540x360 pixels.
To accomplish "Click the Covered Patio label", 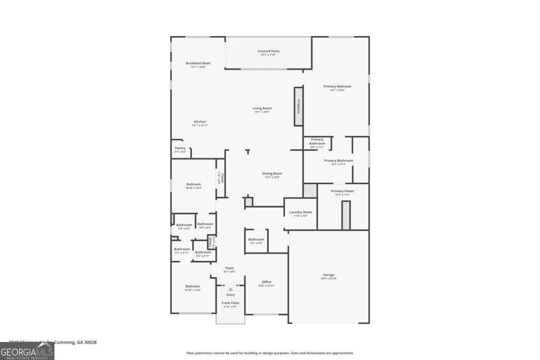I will coord(268,51).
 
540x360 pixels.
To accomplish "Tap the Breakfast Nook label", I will coord(198,63).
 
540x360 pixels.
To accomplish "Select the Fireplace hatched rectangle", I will coord(298,106).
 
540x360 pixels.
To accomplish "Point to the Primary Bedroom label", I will coord(337,86).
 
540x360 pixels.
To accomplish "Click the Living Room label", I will coord(262,108).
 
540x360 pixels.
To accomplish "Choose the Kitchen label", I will coord(200,121).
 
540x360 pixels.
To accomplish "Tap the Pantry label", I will coord(180,148).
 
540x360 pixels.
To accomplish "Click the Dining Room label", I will coord(272,174).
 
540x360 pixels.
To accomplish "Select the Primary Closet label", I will coord(342,191).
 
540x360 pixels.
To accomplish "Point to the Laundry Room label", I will coord(301,212).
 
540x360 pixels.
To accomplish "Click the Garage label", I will coord(328,275).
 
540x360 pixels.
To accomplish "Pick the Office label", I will coord(266,282).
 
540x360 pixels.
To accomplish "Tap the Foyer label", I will coord(229,268).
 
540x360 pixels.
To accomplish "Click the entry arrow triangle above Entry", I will coord(230,289).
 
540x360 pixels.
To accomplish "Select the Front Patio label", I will coord(230,303).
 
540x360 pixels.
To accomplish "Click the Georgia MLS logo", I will coord(27,351).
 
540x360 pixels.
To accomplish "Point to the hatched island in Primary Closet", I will coord(346,215).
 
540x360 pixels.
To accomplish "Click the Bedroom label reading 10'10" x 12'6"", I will coord(193,286).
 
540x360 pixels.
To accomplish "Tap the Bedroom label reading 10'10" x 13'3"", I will coord(193,184).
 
